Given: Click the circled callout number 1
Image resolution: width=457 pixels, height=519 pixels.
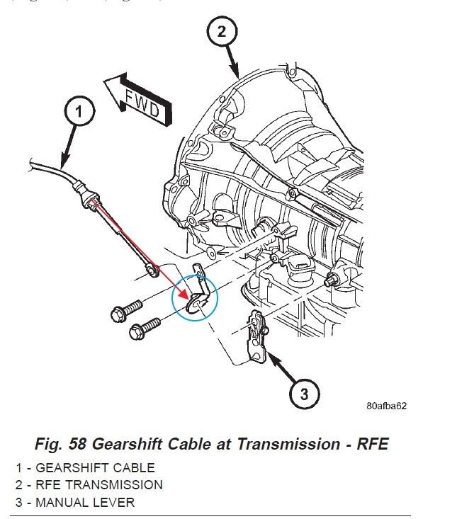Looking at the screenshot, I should pyautogui.click(x=79, y=111).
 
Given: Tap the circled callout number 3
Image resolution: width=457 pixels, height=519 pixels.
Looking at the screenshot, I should pyautogui.click(x=303, y=394).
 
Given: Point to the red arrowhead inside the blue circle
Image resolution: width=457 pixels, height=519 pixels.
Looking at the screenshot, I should pyautogui.click(x=185, y=295).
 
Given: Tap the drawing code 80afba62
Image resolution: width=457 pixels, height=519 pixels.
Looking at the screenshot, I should pyautogui.click(x=386, y=406).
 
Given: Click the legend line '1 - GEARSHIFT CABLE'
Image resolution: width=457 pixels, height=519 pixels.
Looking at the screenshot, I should pyautogui.click(x=86, y=467).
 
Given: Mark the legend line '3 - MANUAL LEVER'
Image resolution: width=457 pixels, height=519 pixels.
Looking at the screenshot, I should pyautogui.click(x=76, y=503).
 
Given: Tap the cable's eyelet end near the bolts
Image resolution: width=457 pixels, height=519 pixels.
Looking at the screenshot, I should pyautogui.click(x=149, y=269).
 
